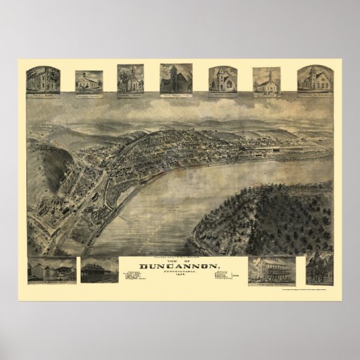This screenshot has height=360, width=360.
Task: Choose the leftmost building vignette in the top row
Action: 42,81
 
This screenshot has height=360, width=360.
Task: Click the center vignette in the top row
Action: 176,79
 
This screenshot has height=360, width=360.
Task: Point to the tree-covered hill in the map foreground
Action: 272,217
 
